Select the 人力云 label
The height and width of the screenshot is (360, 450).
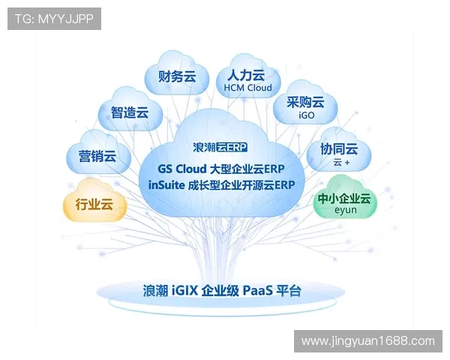click(x=247, y=75)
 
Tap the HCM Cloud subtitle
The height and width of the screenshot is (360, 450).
click(x=248, y=88)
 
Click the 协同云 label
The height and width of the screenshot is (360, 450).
click(x=339, y=148)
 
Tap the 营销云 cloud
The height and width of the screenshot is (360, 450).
click(x=97, y=156)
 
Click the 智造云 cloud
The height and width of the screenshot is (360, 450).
click(x=130, y=112)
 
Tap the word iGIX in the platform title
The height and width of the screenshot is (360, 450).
click(x=184, y=290)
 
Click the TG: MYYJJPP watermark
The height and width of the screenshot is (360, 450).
click(x=54, y=19)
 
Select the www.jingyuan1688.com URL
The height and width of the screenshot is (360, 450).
click(x=367, y=341)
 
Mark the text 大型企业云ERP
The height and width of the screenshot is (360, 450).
click(x=247, y=168)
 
